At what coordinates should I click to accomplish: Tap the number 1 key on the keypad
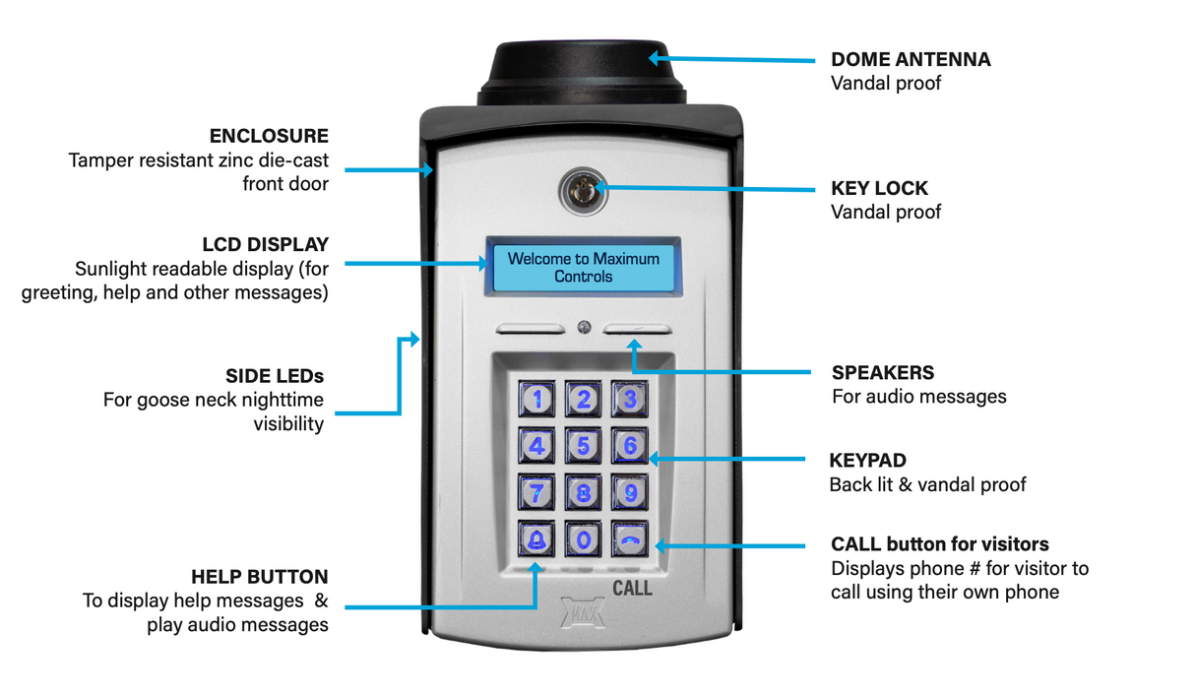(536, 399)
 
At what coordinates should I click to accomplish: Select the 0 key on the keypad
(584, 538)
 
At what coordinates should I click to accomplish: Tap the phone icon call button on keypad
(630, 538)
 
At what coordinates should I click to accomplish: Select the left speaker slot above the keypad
(530, 330)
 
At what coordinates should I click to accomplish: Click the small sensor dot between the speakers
(584, 327)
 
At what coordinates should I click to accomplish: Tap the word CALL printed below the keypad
(632, 589)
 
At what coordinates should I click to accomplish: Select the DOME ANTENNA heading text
(911, 60)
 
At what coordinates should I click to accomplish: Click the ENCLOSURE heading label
(269, 136)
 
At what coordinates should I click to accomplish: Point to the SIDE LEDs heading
(275, 376)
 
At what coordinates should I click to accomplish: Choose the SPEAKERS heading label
(883, 373)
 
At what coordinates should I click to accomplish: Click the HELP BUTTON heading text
(260, 577)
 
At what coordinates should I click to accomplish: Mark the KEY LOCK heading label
(879, 189)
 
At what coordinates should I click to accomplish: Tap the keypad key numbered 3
(630, 399)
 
